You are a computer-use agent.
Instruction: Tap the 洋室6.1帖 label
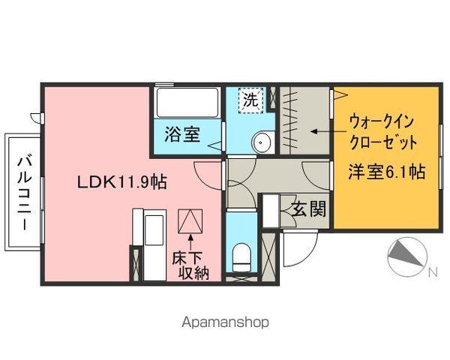click(x=386, y=172)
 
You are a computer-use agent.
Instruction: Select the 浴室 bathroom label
click(x=182, y=135)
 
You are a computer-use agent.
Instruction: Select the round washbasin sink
click(x=262, y=141)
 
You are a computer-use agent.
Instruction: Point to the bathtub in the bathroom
click(x=187, y=103)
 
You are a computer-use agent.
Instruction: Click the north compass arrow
click(x=405, y=257)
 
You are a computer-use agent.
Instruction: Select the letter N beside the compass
click(x=432, y=273)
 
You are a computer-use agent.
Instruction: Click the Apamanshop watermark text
click(x=225, y=322)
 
